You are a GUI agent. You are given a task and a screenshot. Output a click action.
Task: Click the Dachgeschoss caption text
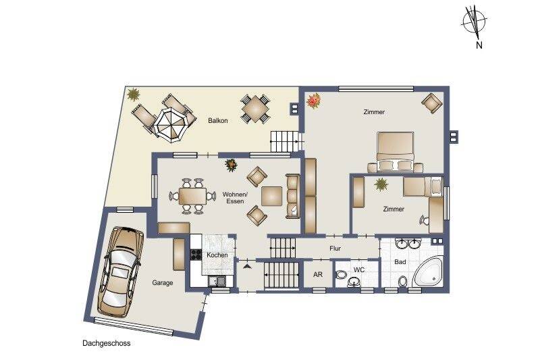pos(103,343)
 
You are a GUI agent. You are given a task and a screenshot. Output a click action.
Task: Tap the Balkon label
pos(217,121)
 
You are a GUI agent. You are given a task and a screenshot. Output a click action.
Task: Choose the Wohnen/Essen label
pos(234,197)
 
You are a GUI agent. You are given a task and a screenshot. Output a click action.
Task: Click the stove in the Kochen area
pos(196,255)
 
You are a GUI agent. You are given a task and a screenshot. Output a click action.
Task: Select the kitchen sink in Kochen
pos(217,280)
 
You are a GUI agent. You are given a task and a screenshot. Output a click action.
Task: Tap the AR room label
pos(318,275)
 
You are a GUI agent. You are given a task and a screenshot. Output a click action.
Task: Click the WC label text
pos(359,270)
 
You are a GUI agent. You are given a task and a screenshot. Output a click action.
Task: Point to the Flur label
pos(335,249)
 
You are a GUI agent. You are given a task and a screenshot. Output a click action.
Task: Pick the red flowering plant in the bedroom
pos(313,102)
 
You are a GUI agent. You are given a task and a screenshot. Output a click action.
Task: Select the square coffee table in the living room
pos(273,196)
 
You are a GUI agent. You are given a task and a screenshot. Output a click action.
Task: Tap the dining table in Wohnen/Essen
pos(189,196)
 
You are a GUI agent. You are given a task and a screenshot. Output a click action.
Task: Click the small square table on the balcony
pos(254,108)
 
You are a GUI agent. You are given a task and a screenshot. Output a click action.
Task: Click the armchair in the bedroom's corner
pos(430,103)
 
